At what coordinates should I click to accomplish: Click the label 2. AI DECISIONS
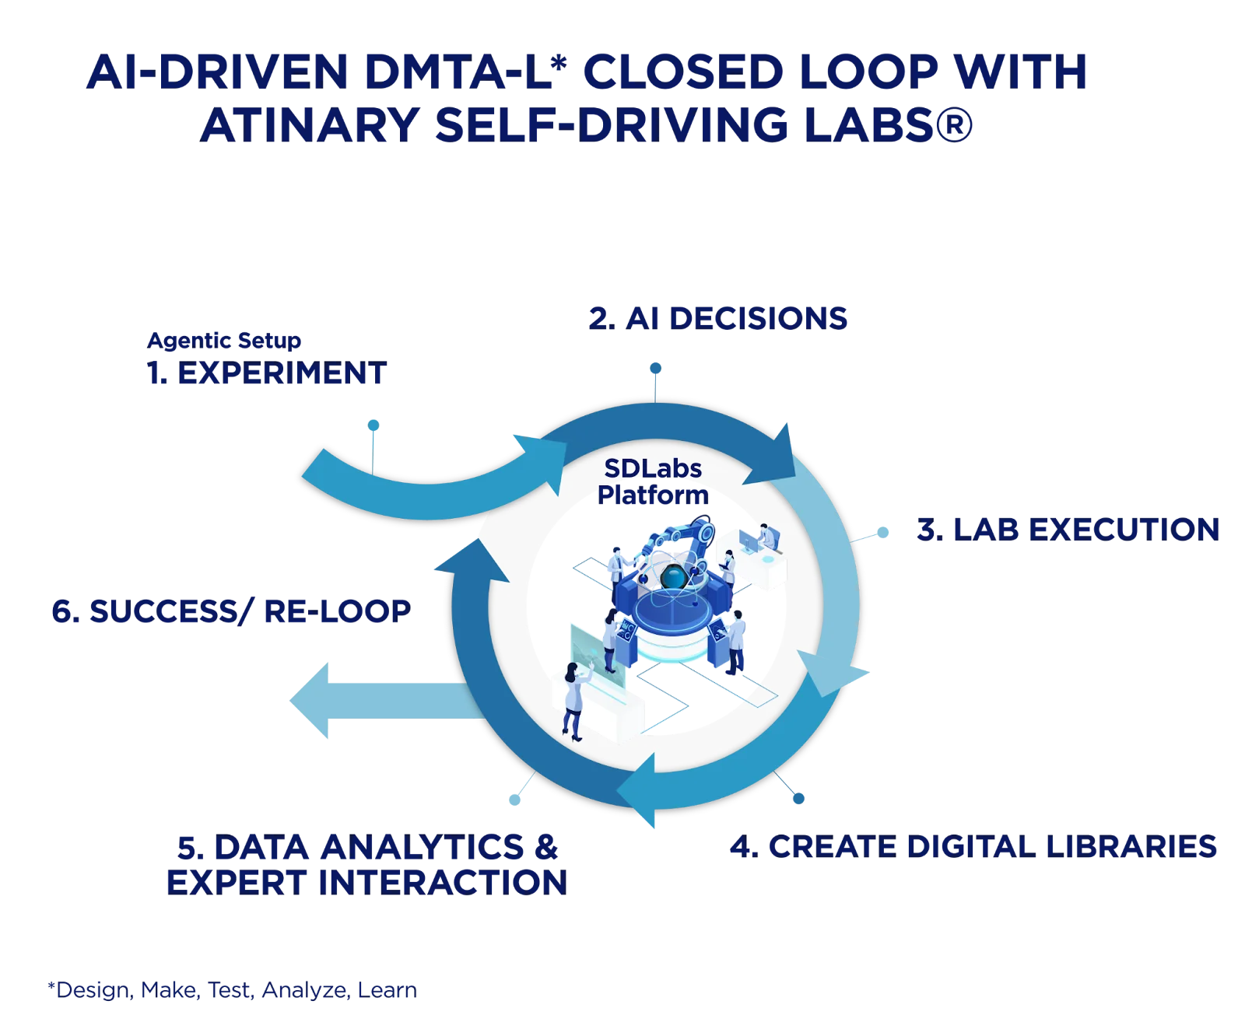[717, 318]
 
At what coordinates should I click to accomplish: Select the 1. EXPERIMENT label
[266, 373]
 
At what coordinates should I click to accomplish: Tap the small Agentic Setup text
[224, 341]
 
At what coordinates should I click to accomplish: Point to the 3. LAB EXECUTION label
[1068, 530]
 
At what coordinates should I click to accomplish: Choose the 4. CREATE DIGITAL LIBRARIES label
[973, 847]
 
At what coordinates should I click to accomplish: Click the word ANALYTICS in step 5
[423, 847]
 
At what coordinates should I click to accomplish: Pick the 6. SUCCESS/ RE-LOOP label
[230, 612]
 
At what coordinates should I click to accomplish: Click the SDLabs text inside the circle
[653, 468]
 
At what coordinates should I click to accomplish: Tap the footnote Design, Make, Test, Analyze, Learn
[231, 991]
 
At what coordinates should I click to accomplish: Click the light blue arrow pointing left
[366, 700]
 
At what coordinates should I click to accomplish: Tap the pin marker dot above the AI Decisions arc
[656, 367]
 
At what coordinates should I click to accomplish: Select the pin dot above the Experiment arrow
[373, 424]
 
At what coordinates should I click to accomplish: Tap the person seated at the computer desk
[767, 536]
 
